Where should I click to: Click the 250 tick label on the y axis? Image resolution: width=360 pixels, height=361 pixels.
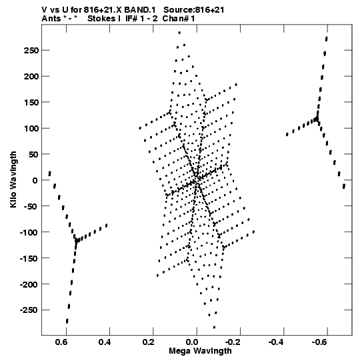click(31, 50)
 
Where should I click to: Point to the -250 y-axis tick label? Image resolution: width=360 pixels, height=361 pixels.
click(29, 310)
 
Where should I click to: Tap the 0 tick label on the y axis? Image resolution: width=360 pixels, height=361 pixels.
click(35, 180)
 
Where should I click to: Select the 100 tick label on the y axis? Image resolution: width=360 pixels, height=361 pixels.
click(31, 128)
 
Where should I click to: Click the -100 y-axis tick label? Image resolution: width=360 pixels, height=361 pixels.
click(29, 232)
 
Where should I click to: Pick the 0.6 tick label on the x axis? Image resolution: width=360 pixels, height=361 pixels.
click(61, 342)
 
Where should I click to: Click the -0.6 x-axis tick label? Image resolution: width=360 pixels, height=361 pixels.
click(319, 342)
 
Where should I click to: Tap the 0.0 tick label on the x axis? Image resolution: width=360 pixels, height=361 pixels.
click(192, 342)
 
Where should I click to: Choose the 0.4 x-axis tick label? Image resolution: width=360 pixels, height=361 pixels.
click(105, 342)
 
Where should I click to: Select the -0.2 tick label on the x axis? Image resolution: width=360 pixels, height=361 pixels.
click(232, 342)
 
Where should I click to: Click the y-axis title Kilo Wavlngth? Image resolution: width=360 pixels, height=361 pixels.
click(13, 179)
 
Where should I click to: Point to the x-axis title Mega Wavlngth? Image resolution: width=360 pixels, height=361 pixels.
click(200, 351)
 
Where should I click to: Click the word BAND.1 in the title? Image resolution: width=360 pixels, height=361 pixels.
click(140, 10)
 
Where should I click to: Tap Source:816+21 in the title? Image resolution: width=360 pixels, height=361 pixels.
click(194, 10)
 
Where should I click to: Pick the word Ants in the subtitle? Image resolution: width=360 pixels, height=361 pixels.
click(51, 19)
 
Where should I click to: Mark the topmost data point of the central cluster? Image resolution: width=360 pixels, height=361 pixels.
click(179, 33)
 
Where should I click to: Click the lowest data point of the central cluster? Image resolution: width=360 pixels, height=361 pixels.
click(214, 327)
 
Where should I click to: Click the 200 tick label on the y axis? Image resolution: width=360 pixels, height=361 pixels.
click(31, 76)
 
